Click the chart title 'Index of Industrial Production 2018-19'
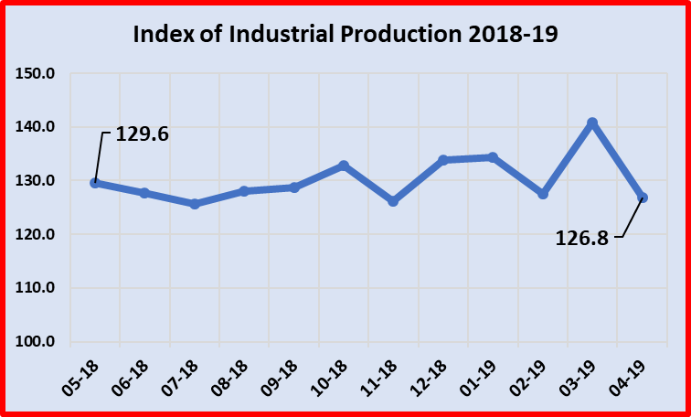(x=345, y=35)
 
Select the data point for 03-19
(x=592, y=123)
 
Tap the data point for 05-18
(x=95, y=183)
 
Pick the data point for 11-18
(x=393, y=200)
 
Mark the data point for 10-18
(x=344, y=166)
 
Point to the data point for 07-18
(x=195, y=204)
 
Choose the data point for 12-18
(x=443, y=160)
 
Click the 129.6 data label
(x=143, y=134)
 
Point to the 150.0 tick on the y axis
(x=37, y=73)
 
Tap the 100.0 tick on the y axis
(x=37, y=342)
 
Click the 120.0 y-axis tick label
(x=37, y=234)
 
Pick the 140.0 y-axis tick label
(x=37, y=127)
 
